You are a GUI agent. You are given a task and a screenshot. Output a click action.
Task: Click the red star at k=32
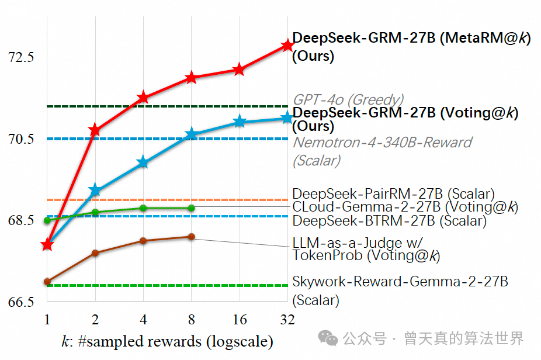click(287, 46)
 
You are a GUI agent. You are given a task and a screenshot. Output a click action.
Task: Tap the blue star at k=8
click(191, 135)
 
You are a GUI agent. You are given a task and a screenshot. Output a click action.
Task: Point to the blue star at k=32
click(287, 119)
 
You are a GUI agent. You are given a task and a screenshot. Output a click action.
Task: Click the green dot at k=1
click(47, 220)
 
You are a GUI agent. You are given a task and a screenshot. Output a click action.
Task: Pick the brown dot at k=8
click(191, 237)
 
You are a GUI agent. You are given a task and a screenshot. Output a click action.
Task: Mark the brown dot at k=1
click(47, 282)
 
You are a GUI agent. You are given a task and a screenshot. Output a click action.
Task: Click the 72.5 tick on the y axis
click(21, 57)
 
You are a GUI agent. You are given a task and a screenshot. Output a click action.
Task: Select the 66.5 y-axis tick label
click(21, 303)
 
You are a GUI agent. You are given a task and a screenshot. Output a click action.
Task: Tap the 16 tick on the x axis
click(239, 320)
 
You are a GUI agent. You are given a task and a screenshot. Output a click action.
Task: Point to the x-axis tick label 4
click(143, 320)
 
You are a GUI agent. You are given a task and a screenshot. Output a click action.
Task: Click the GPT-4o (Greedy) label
click(348, 100)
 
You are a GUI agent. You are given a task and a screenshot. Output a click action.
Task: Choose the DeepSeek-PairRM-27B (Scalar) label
click(393, 193)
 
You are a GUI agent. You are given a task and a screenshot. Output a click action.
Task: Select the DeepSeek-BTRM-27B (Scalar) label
click(389, 221)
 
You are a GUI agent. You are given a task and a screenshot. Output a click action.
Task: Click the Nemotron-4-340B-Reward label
click(382, 143)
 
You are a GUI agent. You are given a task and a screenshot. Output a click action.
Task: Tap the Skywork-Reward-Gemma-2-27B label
click(400, 282)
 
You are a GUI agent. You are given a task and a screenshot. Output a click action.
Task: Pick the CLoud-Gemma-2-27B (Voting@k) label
click(405, 207)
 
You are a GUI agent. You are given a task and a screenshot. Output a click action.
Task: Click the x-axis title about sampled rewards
click(167, 341)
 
